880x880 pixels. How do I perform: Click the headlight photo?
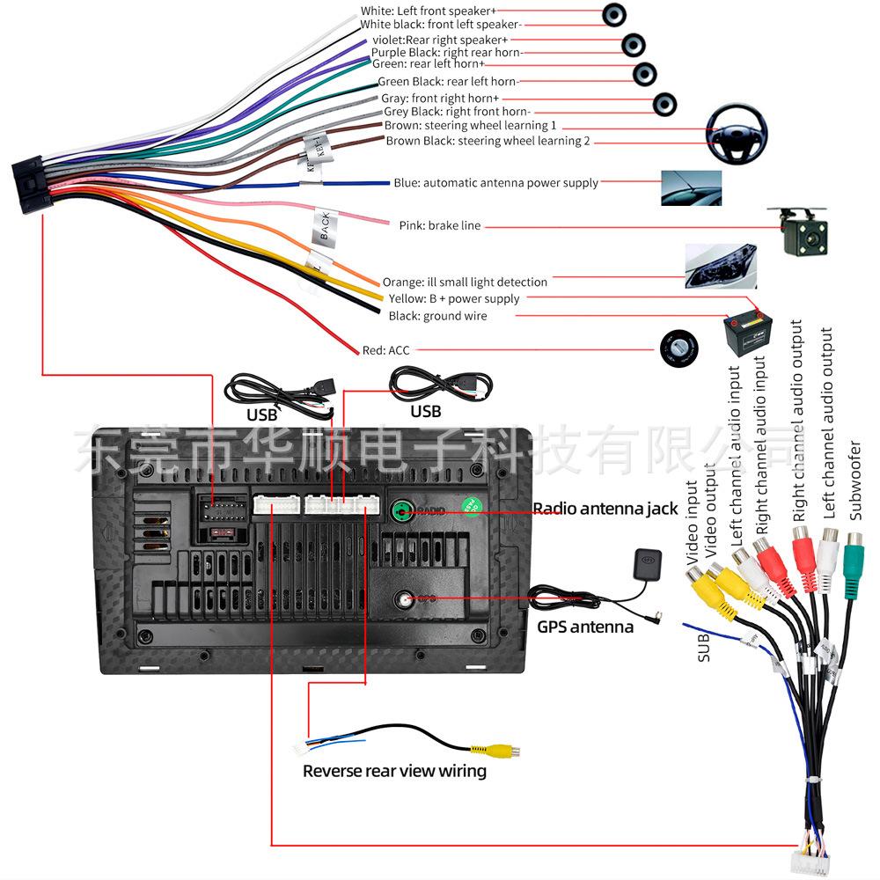720,266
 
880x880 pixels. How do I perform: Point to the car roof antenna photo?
691,187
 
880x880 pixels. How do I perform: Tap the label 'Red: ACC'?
385,350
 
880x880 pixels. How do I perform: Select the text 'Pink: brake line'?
439,225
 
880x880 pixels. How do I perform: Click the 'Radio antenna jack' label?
605,509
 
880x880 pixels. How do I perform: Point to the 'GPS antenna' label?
585,627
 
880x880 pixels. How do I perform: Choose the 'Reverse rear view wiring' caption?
394,772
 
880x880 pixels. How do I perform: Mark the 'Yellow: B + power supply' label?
453,298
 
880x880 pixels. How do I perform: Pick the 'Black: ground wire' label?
436,316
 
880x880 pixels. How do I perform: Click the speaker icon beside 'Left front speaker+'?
614,14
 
